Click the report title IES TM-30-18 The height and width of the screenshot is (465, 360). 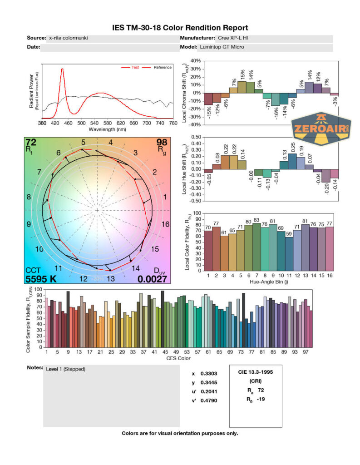coord(180,28)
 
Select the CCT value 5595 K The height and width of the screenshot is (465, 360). coord(41,279)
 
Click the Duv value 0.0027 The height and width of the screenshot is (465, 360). coord(153,279)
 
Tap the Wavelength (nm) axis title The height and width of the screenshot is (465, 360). coord(107,129)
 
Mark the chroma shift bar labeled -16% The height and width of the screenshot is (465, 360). coord(275,99)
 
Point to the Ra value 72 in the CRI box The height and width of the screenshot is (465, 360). coord(261,390)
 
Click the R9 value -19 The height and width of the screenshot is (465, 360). coord(261,399)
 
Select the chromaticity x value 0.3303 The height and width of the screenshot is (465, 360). coord(208,374)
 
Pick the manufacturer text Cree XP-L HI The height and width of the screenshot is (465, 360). coord(234,38)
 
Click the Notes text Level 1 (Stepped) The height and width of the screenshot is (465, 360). coord(65,369)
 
